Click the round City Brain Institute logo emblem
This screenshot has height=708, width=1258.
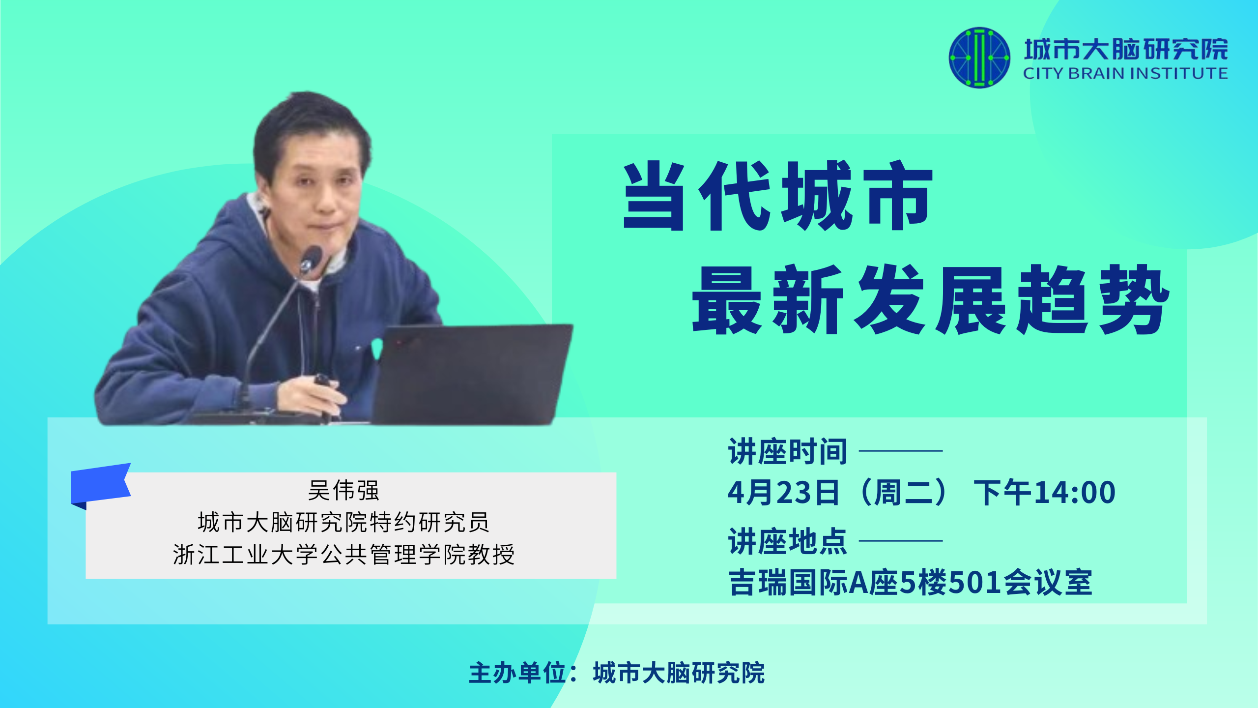coord(979,58)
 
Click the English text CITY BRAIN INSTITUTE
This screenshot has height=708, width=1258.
coord(1125,74)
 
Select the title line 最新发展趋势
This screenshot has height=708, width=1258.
coord(930,299)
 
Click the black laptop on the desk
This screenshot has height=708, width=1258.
coord(472,374)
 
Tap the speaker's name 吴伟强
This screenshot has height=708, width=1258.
coord(343,490)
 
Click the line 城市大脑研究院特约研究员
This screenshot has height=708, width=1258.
coord(343,522)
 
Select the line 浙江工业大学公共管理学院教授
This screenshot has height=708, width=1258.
coord(343,555)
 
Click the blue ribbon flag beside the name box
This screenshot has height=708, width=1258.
coord(101,484)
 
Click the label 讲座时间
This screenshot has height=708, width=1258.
coord(788,451)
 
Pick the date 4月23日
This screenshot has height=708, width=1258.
coord(783,493)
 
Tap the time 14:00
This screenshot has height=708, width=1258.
coord(1075,493)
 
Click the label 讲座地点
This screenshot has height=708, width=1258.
coord(788,541)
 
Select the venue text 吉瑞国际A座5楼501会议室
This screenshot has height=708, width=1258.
coord(910,583)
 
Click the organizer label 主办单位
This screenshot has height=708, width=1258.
coord(517,673)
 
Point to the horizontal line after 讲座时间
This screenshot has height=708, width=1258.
coord(901,450)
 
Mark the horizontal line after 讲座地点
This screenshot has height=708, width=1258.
coord(901,541)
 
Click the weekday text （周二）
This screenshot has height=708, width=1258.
coord(904,493)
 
